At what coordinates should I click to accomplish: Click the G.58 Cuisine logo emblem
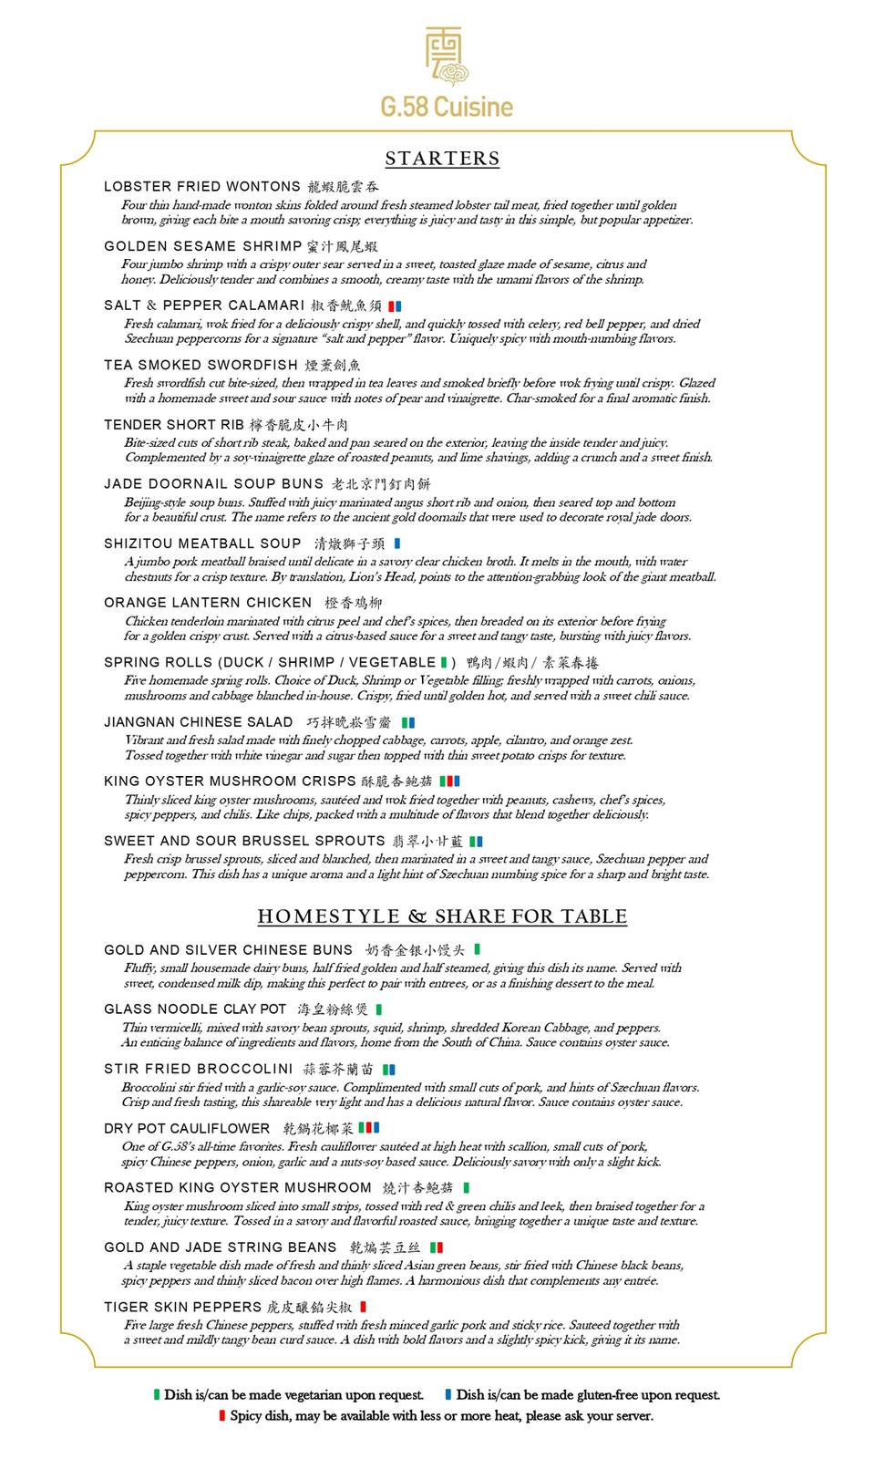click(446, 57)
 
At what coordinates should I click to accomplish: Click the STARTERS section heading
click(442, 159)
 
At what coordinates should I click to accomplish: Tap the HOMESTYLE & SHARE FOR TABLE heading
click(442, 916)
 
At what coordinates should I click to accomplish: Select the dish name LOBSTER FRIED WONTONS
click(202, 186)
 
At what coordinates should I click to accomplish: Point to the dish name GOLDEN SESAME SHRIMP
click(203, 246)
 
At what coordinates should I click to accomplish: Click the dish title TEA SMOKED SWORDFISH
click(201, 365)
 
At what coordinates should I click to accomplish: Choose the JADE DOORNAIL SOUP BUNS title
click(214, 483)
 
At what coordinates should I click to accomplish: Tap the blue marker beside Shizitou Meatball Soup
click(397, 543)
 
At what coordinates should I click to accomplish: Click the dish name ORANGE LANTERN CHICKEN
click(208, 603)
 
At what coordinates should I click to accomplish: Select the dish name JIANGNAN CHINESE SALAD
click(199, 721)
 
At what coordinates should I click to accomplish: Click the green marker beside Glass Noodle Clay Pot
click(379, 1009)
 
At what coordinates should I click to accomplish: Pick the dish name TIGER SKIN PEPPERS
click(183, 1307)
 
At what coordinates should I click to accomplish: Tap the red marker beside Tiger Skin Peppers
click(363, 1307)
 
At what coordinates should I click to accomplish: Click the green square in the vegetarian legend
click(157, 1394)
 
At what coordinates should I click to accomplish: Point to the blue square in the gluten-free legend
click(448, 1394)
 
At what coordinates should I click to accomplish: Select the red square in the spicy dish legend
click(221, 1415)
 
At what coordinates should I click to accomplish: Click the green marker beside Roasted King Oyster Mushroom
click(467, 1187)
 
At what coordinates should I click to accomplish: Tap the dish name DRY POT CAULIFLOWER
click(187, 1128)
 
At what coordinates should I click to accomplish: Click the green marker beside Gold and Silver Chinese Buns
click(478, 949)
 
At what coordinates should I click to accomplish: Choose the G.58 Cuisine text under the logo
click(447, 107)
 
